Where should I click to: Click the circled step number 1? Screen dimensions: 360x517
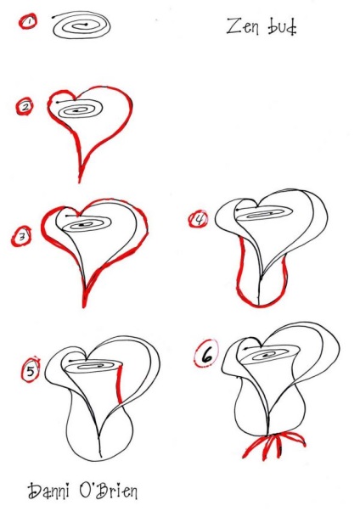pyautogui.click(x=28, y=22)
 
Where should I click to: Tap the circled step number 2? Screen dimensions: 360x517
pyautogui.click(x=25, y=106)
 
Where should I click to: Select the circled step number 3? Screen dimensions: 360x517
pyautogui.click(x=21, y=236)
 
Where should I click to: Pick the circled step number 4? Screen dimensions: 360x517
pyautogui.click(x=199, y=219)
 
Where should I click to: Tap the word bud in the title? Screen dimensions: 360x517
pyautogui.click(x=282, y=27)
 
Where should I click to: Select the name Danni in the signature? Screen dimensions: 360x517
pyautogui.click(x=48, y=491)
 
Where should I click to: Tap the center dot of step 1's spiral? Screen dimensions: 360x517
pyautogui.click(x=87, y=25)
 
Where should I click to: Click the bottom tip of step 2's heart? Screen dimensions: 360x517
pyautogui.click(x=80, y=182)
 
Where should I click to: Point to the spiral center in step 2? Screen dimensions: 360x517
pyautogui.click(x=76, y=110)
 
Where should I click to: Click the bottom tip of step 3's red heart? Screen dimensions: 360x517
pyautogui.click(x=84, y=306)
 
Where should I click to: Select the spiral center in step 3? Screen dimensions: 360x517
pyautogui.click(x=84, y=225)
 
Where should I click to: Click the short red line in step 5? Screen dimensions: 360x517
pyautogui.click(x=120, y=384)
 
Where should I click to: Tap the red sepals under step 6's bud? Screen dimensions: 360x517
pyautogui.click(x=273, y=445)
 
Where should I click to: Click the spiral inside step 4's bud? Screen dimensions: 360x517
pyautogui.click(x=264, y=214)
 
